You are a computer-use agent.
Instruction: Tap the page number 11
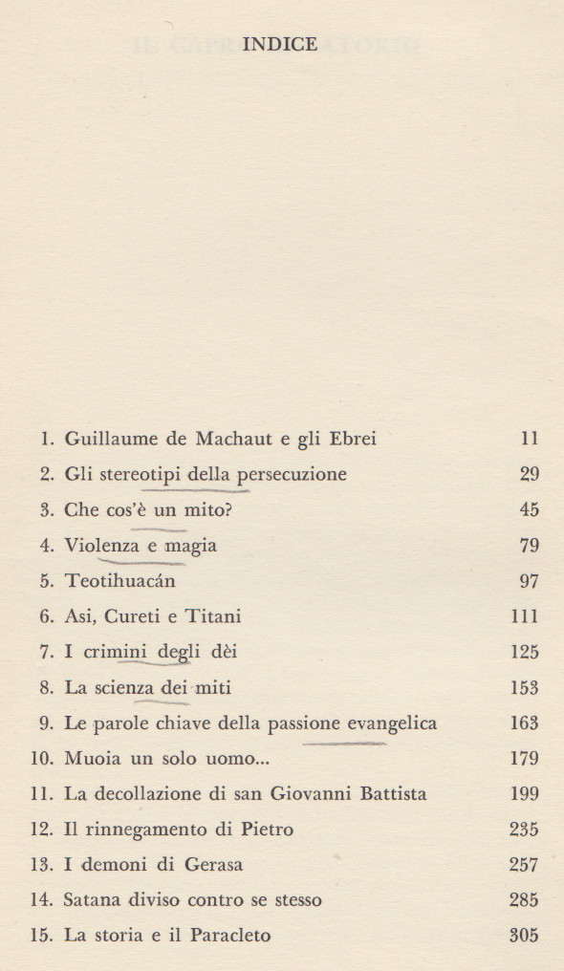point(530,440)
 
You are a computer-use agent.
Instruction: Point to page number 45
point(529,510)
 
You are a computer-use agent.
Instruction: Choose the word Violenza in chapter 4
point(99,546)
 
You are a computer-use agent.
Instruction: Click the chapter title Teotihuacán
point(119,581)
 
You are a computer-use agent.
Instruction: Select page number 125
point(525,652)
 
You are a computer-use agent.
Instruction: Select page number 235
point(525,829)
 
